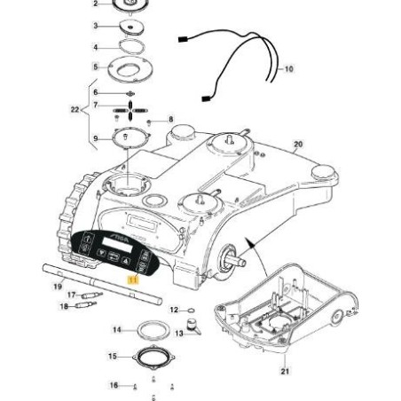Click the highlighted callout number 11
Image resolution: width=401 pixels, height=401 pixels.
click(132, 279)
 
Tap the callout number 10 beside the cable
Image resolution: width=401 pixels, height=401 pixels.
click(288, 69)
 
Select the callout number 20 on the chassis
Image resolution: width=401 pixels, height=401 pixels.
click(298, 145)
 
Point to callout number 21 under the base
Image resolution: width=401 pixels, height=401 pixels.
click(285, 371)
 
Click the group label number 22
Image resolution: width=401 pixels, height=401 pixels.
click(75, 110)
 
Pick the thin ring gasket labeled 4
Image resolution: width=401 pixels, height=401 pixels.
click(131, 47)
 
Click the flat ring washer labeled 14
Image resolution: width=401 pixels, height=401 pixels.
click(153, 330)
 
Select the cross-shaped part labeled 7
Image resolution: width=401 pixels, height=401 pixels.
click(130, 111)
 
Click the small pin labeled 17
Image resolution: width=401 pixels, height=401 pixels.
click(91, 295)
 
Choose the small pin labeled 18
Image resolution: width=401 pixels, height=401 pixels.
click(86, 305)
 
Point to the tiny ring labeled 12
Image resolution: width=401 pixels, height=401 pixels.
click(191, 311)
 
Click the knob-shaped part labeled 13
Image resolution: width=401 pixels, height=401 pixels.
click(193, 326)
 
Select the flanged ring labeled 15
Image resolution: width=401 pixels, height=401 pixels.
click(153, 358)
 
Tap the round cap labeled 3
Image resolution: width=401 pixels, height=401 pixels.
click(132, 28)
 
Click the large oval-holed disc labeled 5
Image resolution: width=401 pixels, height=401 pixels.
click(130, 70)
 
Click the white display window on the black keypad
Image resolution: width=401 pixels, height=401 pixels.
click(117, 245)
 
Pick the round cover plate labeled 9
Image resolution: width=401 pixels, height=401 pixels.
click(130, 138)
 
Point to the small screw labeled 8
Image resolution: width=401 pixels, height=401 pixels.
click(149, 122)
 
